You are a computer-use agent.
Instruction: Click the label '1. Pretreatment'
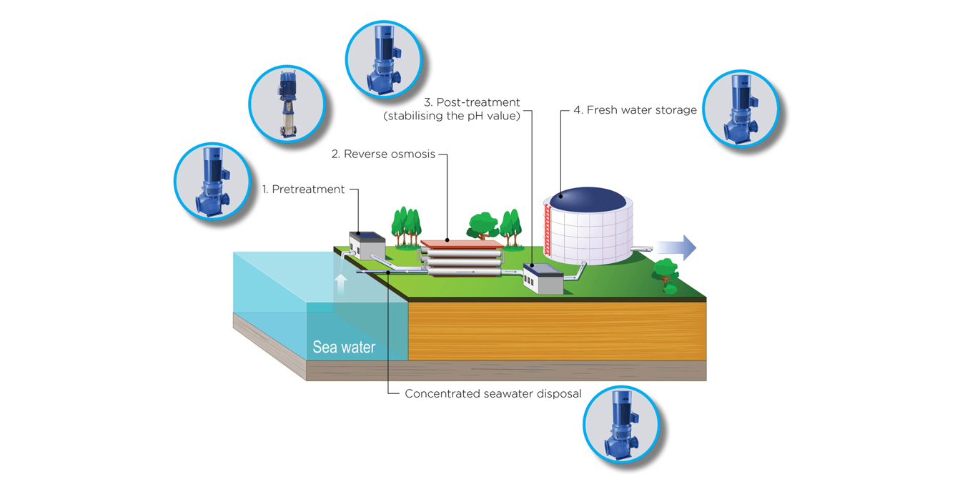[x=303, y=190]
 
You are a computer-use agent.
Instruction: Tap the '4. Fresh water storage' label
[x=634, y=110]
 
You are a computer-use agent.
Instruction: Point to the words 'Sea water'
[x=344, y=348]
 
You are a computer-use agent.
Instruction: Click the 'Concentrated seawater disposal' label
[x=493, y=393]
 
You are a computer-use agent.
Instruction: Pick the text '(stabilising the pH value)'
[x=452, y=116]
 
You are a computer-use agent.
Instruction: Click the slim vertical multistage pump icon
[x=287, y=104]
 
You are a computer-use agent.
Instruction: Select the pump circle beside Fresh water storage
[x=740, y=109]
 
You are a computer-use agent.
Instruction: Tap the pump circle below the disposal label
[x=620, y=425]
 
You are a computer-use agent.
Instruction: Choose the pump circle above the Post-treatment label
[x=383, y=58]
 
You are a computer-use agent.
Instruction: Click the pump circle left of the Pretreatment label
[x=212, y=180]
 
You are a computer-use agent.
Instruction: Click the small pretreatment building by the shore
[x=367, y=246]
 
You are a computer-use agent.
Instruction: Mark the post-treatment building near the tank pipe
[x=543, y=278]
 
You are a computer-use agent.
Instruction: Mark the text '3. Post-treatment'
[x=472, y=102]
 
